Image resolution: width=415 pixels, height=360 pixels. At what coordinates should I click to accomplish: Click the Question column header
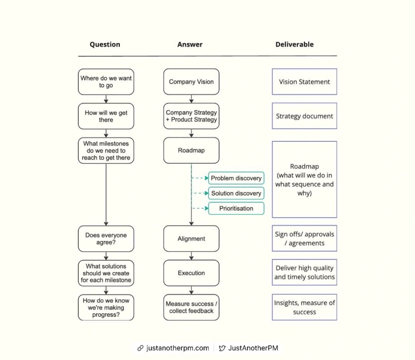pyautogui.click(x=105, y=45)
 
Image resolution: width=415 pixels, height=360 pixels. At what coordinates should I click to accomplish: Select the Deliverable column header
pyautogui.click(x=294, y=45)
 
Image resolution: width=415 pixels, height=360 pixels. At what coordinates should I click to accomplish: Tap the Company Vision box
pyautogui.click(x=191, y=82)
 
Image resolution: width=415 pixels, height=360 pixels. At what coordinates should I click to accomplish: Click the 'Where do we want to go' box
pyautogui.click(x=106, y=82)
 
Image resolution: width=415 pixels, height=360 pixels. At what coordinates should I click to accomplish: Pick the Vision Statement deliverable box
pyautogui.click(x=305, y=82)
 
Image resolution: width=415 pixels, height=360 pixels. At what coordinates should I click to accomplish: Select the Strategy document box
pyautogui.click(x=305, y=116)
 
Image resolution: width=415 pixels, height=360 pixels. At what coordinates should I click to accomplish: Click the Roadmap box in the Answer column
pyautogui.click(x=191, y=150)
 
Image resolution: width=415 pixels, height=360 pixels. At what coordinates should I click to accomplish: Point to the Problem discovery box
pyautogui.click(x=236, y=178)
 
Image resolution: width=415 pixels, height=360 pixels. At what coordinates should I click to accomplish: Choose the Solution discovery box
pyautogui.click(x=236, y=193)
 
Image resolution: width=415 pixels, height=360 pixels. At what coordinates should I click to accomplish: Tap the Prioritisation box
pyautogui.click(x=236, y=208)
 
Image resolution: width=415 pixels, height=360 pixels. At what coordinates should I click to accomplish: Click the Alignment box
pyautogui.click(x=191, y=238)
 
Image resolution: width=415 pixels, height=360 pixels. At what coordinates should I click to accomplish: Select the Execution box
pyautogui.click(x=191, y=273)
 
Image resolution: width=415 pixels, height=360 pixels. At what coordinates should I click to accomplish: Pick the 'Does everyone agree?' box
pyautogui.click(x=106, y=238)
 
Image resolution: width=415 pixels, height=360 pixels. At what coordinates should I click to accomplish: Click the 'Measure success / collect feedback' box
pyautogui.click(x=191, y=307)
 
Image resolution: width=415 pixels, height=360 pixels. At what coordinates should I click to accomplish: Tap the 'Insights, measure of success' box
pyautogui.click(x=305, y=307)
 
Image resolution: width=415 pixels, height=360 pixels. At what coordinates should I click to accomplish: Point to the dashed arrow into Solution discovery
pyautogui.click(x=200, y=193)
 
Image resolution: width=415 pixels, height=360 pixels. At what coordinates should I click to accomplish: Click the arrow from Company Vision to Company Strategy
pyautogui.click(x=191, y=99)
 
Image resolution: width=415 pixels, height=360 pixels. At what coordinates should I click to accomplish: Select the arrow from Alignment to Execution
pyautogui.click(x=191, y=256)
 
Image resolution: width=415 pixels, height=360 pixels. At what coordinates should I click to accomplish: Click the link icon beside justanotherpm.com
pyautogui.click(x=140, y=348)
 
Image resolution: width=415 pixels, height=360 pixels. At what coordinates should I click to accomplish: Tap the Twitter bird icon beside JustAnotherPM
pyautogui.click(x=222, y=348)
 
